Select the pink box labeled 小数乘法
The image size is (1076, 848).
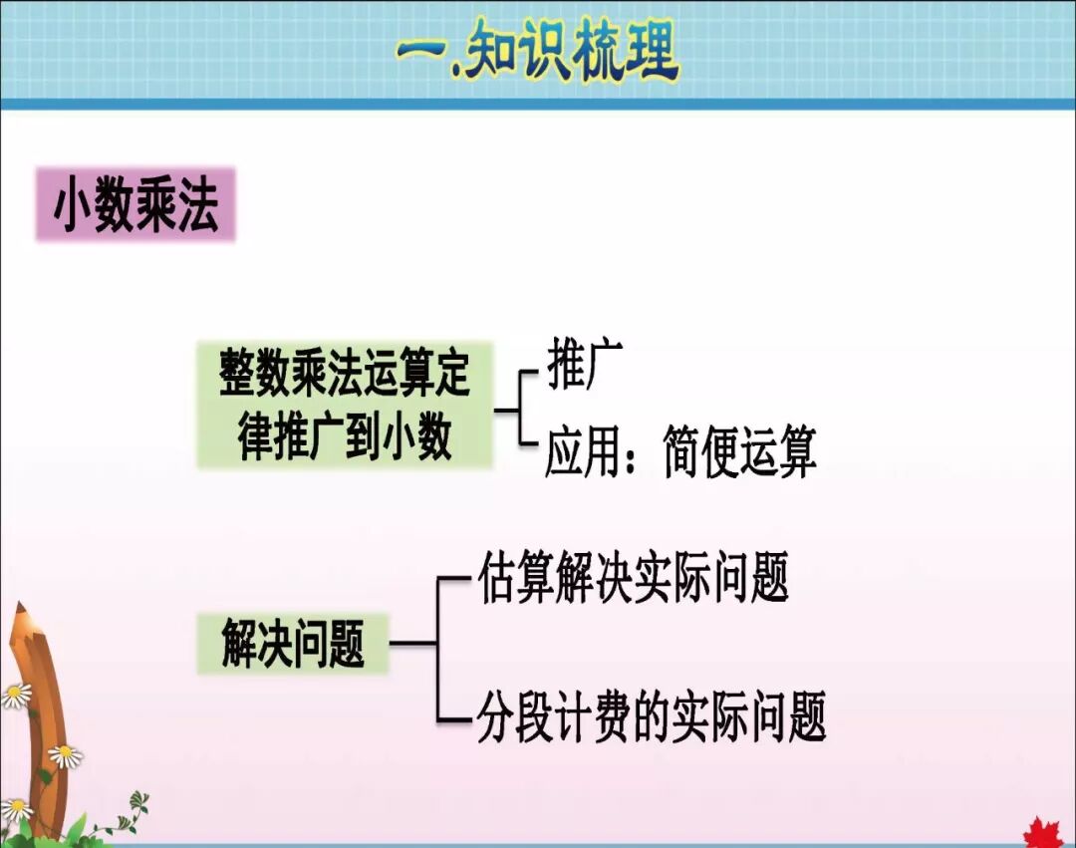[135, 205]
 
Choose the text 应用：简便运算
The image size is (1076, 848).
[680, 452]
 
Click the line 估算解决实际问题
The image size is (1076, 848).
[634, 577]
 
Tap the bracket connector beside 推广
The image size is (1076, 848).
[518, 409]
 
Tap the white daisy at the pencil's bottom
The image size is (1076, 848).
[15, 809]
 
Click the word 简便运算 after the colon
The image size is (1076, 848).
[739, 452]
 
